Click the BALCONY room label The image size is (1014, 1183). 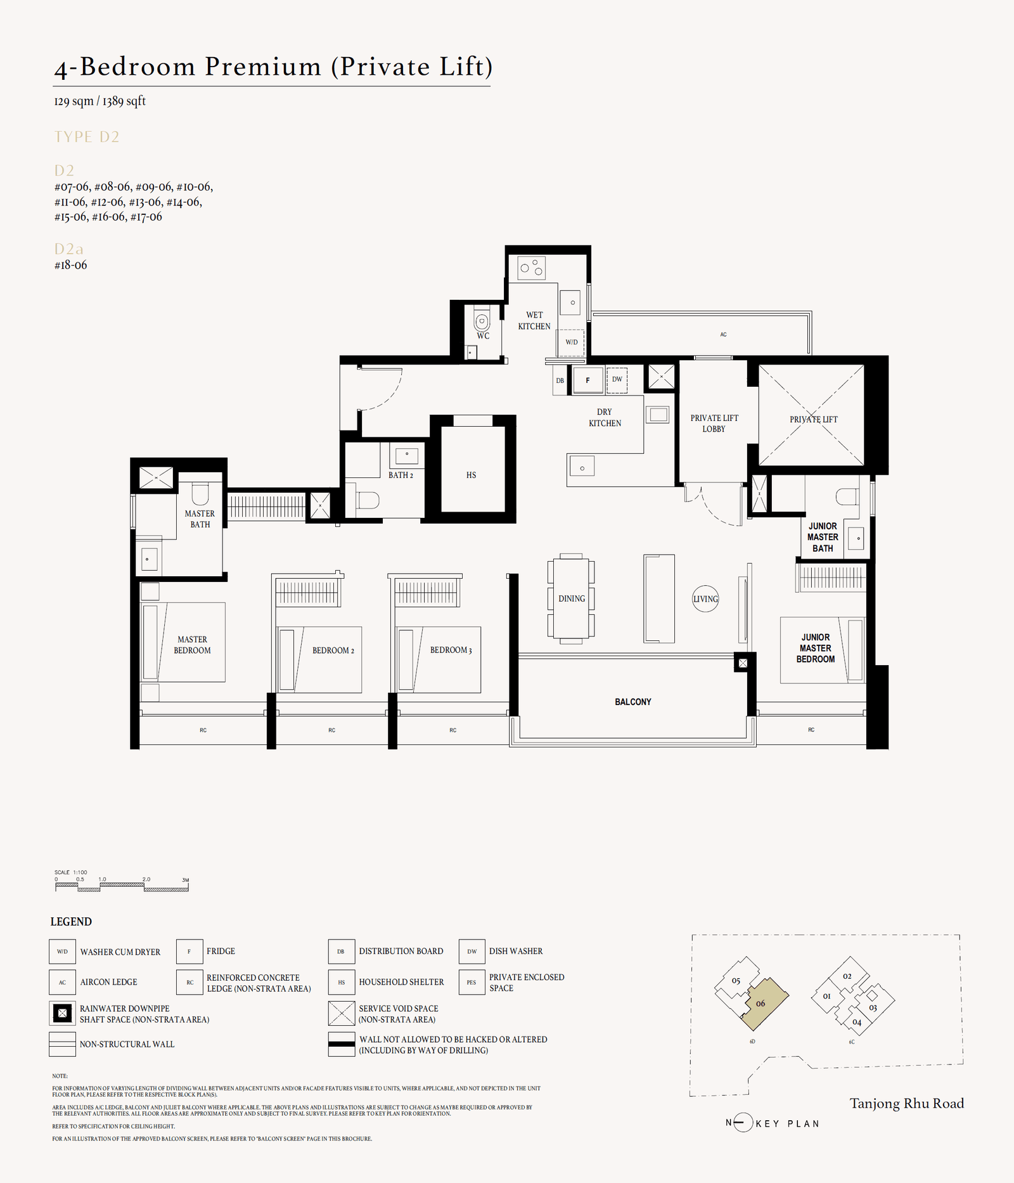[632, 702]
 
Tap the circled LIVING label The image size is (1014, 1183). [705, 598]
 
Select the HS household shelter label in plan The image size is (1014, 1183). [471, 475]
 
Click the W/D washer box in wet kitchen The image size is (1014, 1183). [571, 342]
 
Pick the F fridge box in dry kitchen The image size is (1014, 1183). [588, 380]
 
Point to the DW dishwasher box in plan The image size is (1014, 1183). [617, 380]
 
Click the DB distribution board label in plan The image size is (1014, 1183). [560, 381]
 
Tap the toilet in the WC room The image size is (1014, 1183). [482, 321]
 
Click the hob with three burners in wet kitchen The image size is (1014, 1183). [531, 268]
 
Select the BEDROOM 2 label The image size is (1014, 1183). [333, 650]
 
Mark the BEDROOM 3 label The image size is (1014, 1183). [451, 650]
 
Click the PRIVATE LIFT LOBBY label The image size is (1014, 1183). [714, 423]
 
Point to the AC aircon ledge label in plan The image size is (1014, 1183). [723, 334]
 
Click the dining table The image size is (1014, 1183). [571, 598]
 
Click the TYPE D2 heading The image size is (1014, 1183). [87, 137]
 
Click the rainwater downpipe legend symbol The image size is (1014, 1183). [62, 1013]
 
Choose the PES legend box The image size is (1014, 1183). [472, 982]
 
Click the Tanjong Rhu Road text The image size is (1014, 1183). [906, 1103]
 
